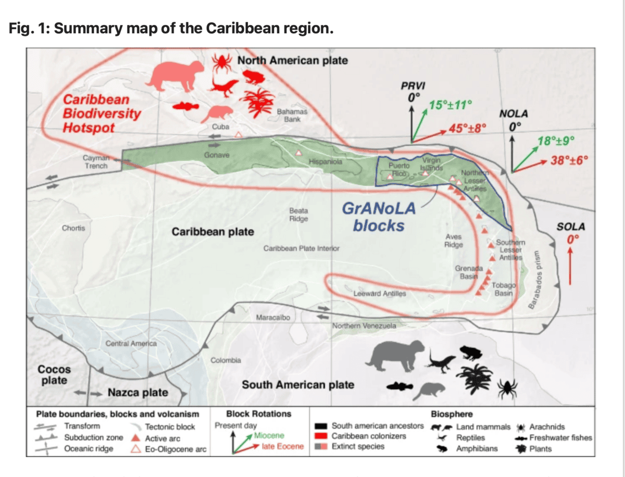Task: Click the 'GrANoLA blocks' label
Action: point(378,217)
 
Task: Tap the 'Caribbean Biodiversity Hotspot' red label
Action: point(101,113)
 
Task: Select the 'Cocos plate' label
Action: point(54,375)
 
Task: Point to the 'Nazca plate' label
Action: point(137,393)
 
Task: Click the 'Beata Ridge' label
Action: point(298,215)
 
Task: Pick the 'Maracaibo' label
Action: point(273,317)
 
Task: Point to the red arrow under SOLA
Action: point(570,266)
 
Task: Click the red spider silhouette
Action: point(222,63)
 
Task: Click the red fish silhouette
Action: point(185,106)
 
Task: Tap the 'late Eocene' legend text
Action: point(282,446)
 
